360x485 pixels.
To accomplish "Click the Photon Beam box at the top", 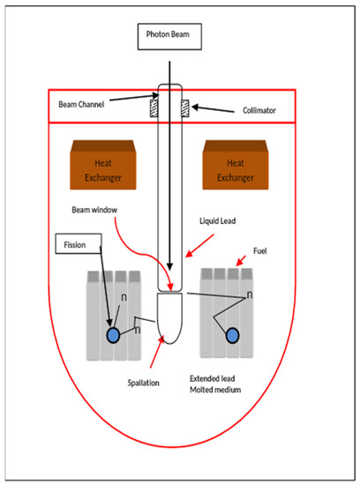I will coord(169,38).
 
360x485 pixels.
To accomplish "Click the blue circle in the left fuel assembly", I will coord(113,336).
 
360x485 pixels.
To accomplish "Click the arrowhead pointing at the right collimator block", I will coord(196,108).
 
